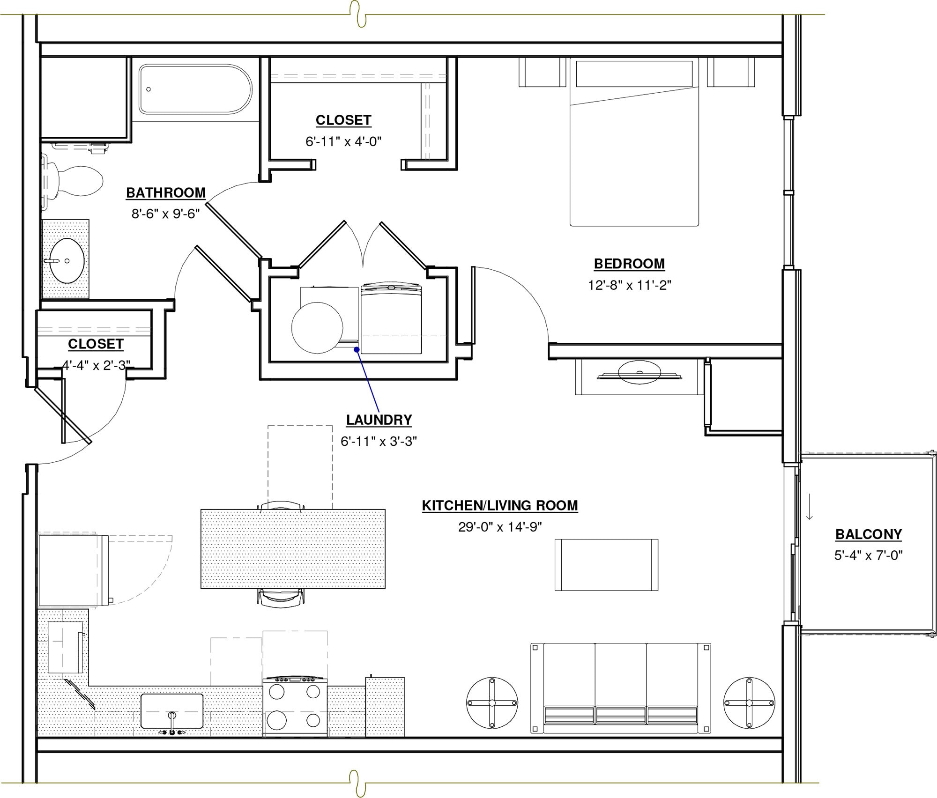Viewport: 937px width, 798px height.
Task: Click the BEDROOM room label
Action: point(629,264)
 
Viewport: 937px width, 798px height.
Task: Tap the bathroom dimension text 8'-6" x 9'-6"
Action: point(165,214)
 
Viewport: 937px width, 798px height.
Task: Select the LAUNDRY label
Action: point(379,420)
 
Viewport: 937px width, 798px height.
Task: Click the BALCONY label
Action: point(868,534)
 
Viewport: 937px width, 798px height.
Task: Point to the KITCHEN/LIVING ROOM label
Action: point(499,505)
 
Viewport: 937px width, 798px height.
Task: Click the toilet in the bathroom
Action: point(77,181)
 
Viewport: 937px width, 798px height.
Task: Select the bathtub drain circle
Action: point(149,89)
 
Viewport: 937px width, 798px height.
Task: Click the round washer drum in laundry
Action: point(317,328)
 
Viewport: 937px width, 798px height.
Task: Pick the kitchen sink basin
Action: point(172,711)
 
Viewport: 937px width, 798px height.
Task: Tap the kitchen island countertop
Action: point(293,549)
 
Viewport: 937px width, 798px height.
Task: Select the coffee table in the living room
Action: point(606,564)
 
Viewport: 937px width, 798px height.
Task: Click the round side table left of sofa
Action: point(492,703)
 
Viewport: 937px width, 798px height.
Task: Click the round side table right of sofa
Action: point(749,703)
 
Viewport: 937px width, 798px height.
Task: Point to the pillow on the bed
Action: point(634,74)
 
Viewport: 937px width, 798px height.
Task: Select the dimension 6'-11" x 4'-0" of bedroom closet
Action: point(343,141)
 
